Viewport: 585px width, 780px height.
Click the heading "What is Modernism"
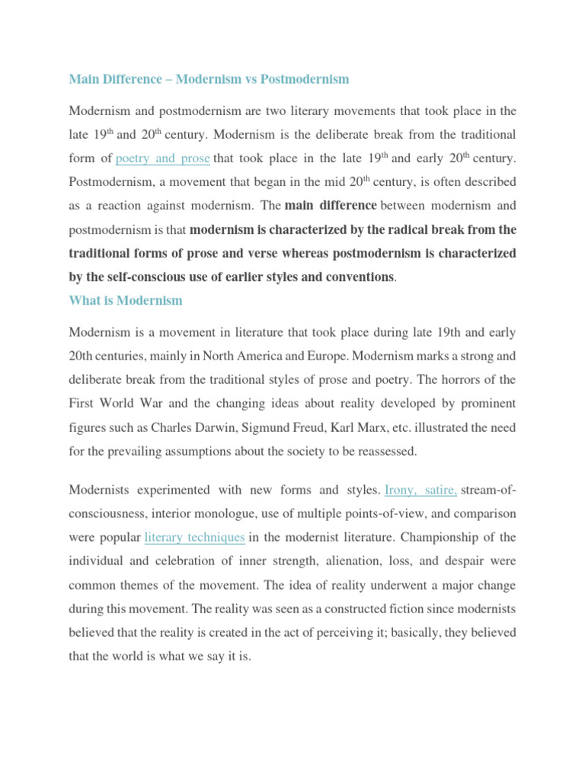[126, 300]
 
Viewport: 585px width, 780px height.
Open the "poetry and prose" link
[163, 159]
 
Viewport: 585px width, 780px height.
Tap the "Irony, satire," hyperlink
[421, 488]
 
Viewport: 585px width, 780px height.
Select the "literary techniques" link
[194, 537]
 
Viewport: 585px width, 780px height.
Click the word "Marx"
[412, 427]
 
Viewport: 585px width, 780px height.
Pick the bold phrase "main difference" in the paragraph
[331, 206]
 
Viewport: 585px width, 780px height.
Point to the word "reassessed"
[382, 451]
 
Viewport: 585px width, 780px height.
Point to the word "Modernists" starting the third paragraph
[104, 488]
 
